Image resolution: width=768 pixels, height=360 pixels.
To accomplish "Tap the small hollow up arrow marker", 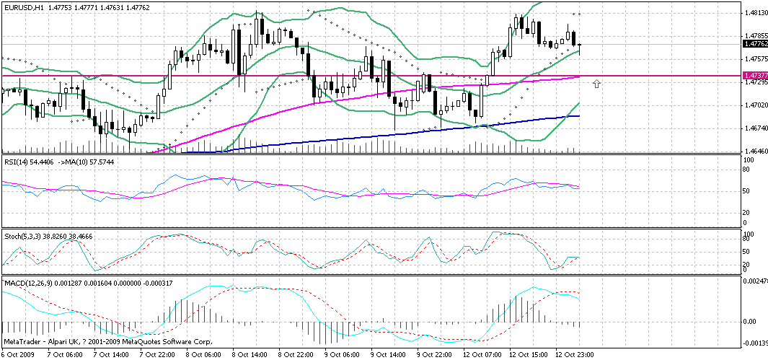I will point(596,84).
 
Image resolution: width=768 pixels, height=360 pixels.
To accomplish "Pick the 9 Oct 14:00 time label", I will point(387,355).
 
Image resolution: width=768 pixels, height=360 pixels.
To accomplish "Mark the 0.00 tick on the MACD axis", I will point(751,322).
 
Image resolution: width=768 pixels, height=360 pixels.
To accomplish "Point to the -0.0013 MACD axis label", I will point(756,344).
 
